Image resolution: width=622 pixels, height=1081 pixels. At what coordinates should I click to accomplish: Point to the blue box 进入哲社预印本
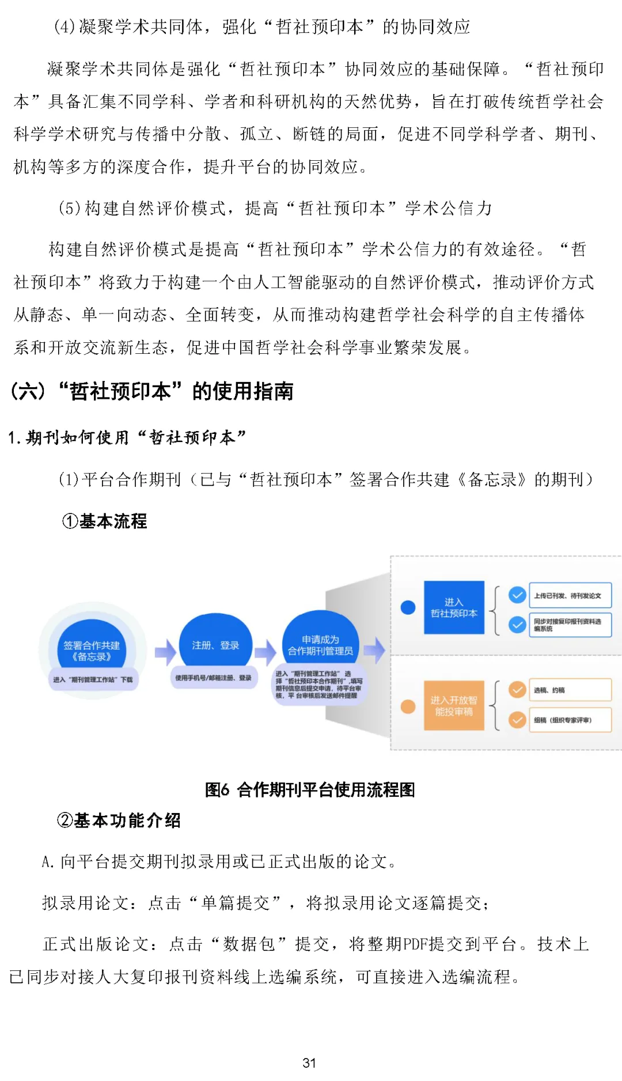454,607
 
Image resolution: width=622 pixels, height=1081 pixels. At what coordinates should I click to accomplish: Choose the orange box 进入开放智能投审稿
454,705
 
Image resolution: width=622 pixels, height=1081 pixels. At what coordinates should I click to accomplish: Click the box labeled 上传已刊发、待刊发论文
570,595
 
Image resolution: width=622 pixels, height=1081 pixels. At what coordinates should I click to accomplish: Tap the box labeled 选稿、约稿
570,690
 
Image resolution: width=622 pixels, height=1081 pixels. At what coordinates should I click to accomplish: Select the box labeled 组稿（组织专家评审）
570,720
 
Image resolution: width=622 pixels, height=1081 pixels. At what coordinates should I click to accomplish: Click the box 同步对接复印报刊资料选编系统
570,625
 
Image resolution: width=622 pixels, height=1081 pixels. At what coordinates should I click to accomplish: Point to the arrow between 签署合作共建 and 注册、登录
165,652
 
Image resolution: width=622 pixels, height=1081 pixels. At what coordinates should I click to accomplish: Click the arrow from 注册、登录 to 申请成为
266,652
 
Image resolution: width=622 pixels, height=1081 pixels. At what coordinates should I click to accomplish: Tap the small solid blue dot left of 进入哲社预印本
408,607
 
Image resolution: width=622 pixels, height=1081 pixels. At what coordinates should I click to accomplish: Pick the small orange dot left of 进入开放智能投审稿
408,706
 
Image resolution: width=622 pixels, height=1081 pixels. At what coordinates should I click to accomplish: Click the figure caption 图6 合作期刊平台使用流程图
310,789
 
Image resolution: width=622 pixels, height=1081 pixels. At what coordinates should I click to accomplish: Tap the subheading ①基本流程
105,521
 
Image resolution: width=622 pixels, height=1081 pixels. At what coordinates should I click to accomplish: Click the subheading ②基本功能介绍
119,820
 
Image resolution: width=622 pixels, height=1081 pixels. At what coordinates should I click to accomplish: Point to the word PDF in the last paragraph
415,944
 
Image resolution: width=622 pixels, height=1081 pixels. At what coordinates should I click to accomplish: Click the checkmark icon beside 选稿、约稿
517,690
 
